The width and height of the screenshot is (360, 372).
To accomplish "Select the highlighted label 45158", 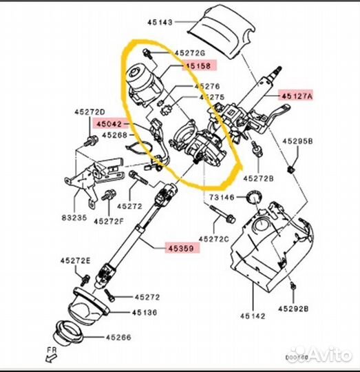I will [x=198, y=65].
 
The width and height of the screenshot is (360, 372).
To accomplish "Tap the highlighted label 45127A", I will [x=296, y=96].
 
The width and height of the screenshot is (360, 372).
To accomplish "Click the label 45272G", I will [x=191, y=52].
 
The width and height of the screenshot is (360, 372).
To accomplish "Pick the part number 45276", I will [x=207, y=86].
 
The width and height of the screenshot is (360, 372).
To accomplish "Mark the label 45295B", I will [x=297, y=141].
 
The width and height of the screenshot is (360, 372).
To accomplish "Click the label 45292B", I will [x=295, y=309].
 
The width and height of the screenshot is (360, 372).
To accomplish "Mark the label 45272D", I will [x=90, y=112].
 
